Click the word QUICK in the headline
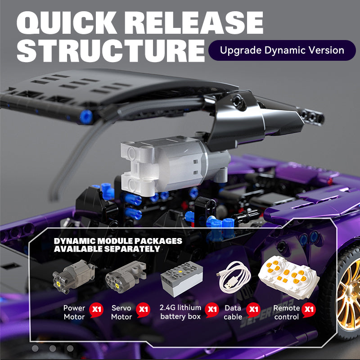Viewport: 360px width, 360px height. click(x=67, y=22)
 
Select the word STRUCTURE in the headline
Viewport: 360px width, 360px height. click(x=111, y=50)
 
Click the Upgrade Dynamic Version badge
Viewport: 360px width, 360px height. click(x=282, y=50)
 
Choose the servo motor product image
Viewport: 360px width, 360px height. click(x=126, y=277)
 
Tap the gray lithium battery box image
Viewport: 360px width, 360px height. click(x=182, y=279)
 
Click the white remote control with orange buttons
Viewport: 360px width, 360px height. click(x=288, y=277)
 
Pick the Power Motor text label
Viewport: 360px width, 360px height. click(x=74, y=312)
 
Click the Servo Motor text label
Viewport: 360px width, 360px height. click(x=121, y=312)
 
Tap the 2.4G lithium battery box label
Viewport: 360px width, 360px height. click(x=180, y=312)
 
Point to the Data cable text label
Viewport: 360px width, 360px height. click(x=233, y=312)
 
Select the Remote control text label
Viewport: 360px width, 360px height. click(x=287, y=312)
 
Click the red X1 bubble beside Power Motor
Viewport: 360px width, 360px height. click(x=96, y=310)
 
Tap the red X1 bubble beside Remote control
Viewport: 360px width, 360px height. click(x=309, y=310)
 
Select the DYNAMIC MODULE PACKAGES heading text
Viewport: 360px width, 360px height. click(x=118, y=241)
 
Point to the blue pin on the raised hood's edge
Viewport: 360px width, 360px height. click(x=86, y=117)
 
